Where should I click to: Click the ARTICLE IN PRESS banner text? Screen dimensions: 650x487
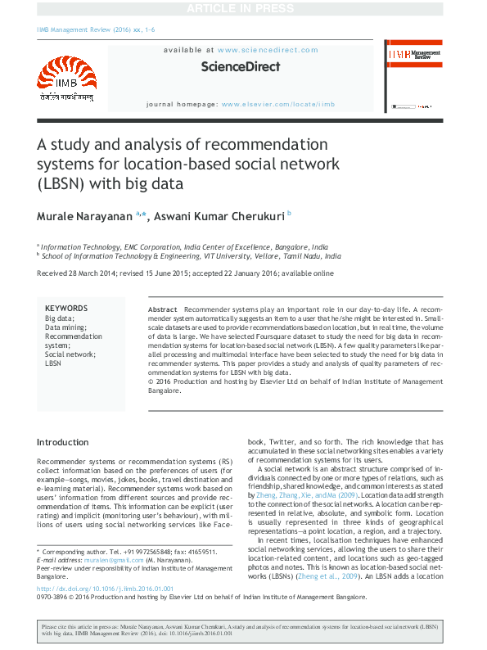243,8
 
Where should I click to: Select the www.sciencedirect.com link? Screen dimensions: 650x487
268,50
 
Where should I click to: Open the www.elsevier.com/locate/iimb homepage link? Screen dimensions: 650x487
278,105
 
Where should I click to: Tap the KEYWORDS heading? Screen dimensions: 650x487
65,308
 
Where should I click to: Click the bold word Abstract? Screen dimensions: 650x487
162,308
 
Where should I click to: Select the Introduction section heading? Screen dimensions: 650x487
63,442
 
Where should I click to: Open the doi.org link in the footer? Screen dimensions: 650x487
105,588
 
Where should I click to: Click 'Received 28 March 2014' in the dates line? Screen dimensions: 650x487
77,273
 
